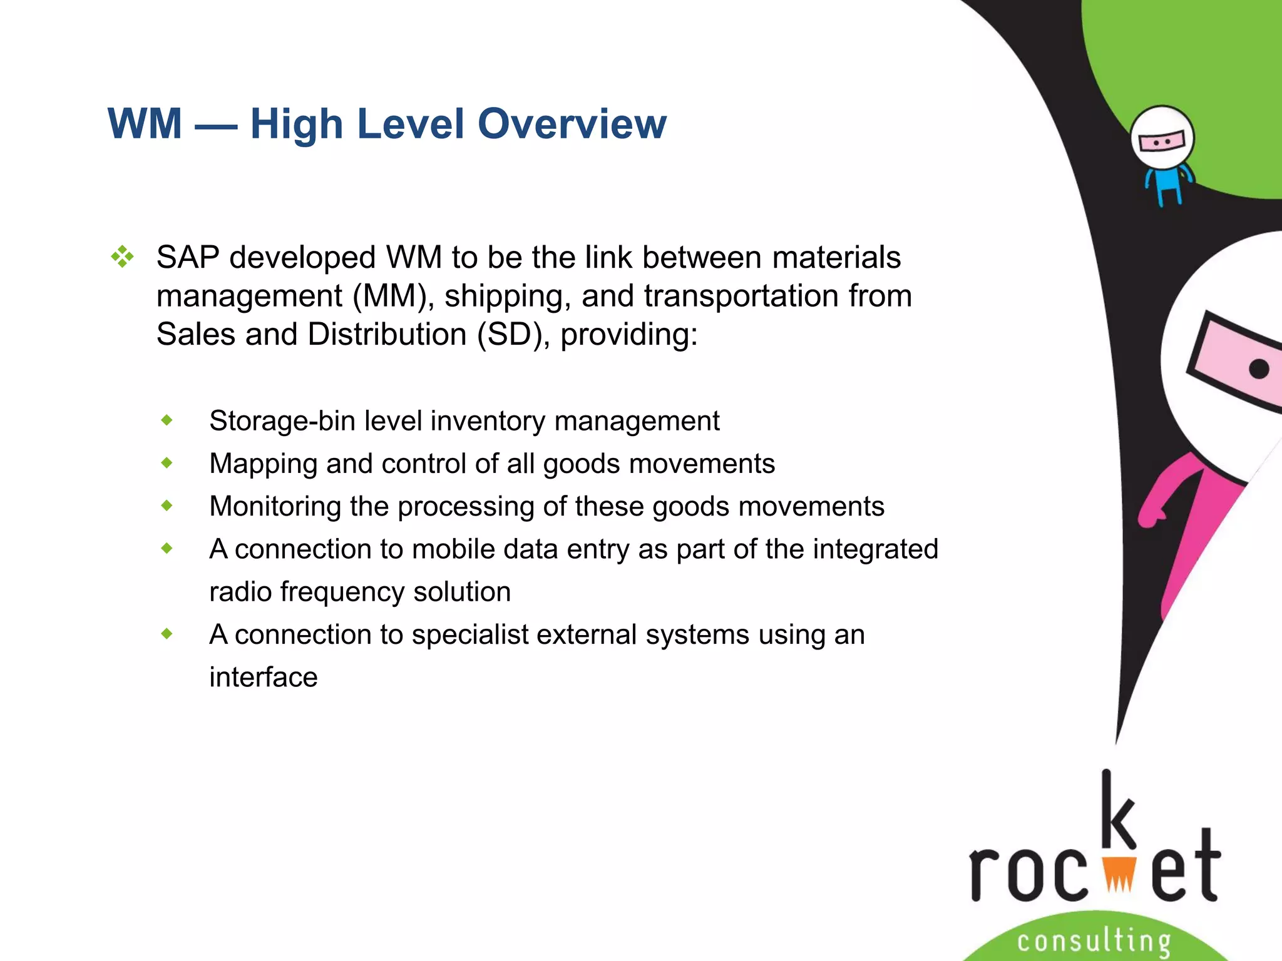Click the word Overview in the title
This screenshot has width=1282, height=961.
tap(572, 124)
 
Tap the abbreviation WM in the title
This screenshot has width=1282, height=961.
tap(145, 124)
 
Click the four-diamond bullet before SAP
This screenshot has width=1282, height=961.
tap(122, 257)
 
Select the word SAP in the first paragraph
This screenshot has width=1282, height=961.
tap(188, 257)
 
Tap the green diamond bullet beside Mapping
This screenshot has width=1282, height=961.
tap(167, 463)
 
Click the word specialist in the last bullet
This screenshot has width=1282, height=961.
tap(469, 634)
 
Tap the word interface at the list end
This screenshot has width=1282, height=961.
tap(263, 677)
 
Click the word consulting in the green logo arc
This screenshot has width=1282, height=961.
tap(1094, 941)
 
